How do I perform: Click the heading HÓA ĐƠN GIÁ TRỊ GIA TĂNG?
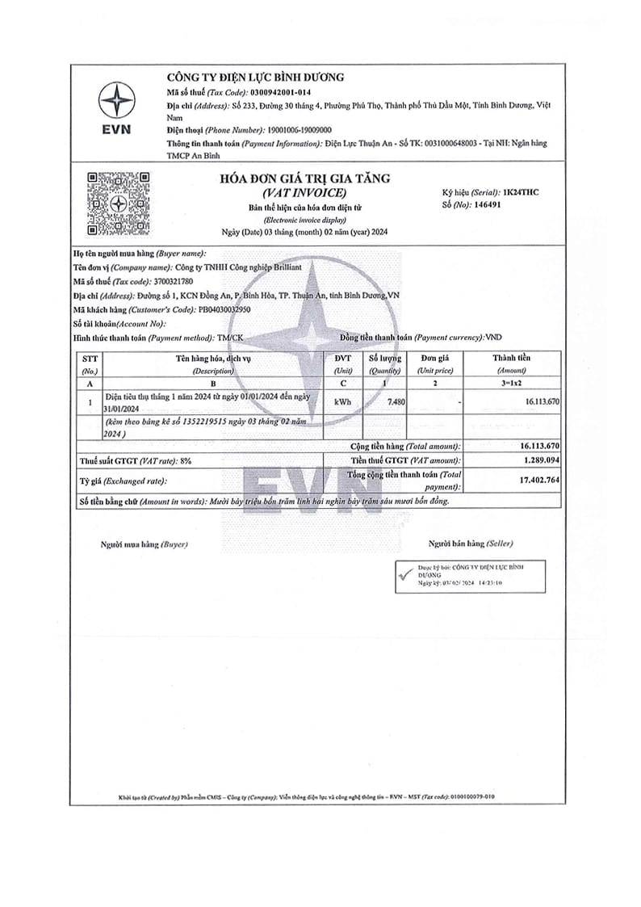[304, 179]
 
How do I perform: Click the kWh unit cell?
[342, 402]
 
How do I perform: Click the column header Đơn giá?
[434, 359]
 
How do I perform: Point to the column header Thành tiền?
[512, 358]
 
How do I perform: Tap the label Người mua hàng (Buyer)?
[144, 544]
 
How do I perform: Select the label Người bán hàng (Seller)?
[471, 544]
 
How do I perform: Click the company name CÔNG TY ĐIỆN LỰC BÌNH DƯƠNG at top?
[255, 78]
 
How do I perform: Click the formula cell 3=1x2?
[512, 384]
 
